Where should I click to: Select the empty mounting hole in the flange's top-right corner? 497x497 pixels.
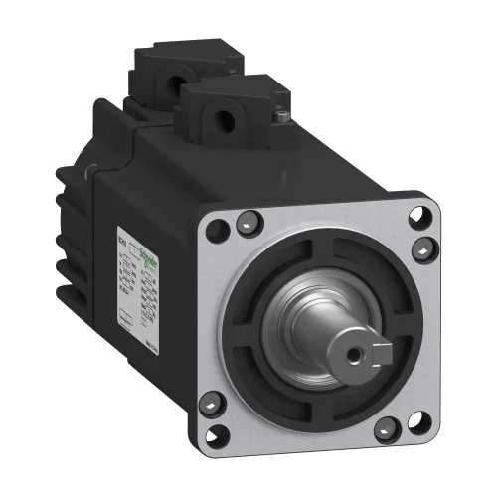coord(426,212)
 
